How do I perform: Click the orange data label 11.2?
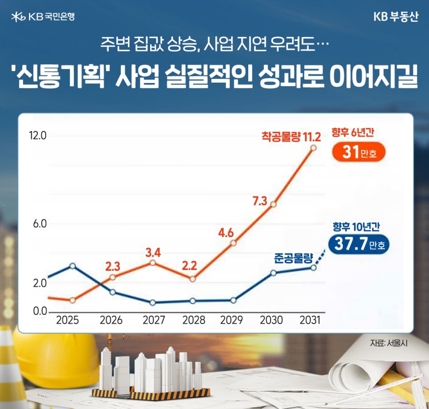(x=311, y=135)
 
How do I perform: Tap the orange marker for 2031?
(x=314, y=148)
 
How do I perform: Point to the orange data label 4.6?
(x=226, y=232)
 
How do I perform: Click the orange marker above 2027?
(x=152, y=263)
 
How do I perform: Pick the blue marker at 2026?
(x=112, y=292)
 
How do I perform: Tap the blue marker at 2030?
(x=274, y=273)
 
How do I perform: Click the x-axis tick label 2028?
(x=194, y=320)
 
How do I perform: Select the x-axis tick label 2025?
(x=68, y=320)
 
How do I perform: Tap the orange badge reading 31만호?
(x=359, y=153)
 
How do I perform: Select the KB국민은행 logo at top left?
(x=43, y=17)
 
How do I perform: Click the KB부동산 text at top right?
(x=396, y=18)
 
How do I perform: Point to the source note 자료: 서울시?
(x=389, y=343)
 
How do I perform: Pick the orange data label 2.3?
(x=113, y=267)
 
